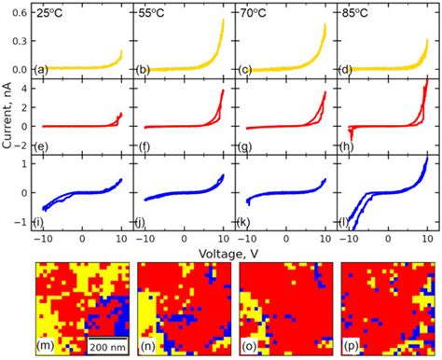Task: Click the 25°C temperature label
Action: tap(50, 15)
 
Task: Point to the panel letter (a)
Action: tap(43, 69)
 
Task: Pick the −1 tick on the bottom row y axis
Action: tap(26, 222)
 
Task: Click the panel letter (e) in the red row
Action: tap(43, 146)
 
